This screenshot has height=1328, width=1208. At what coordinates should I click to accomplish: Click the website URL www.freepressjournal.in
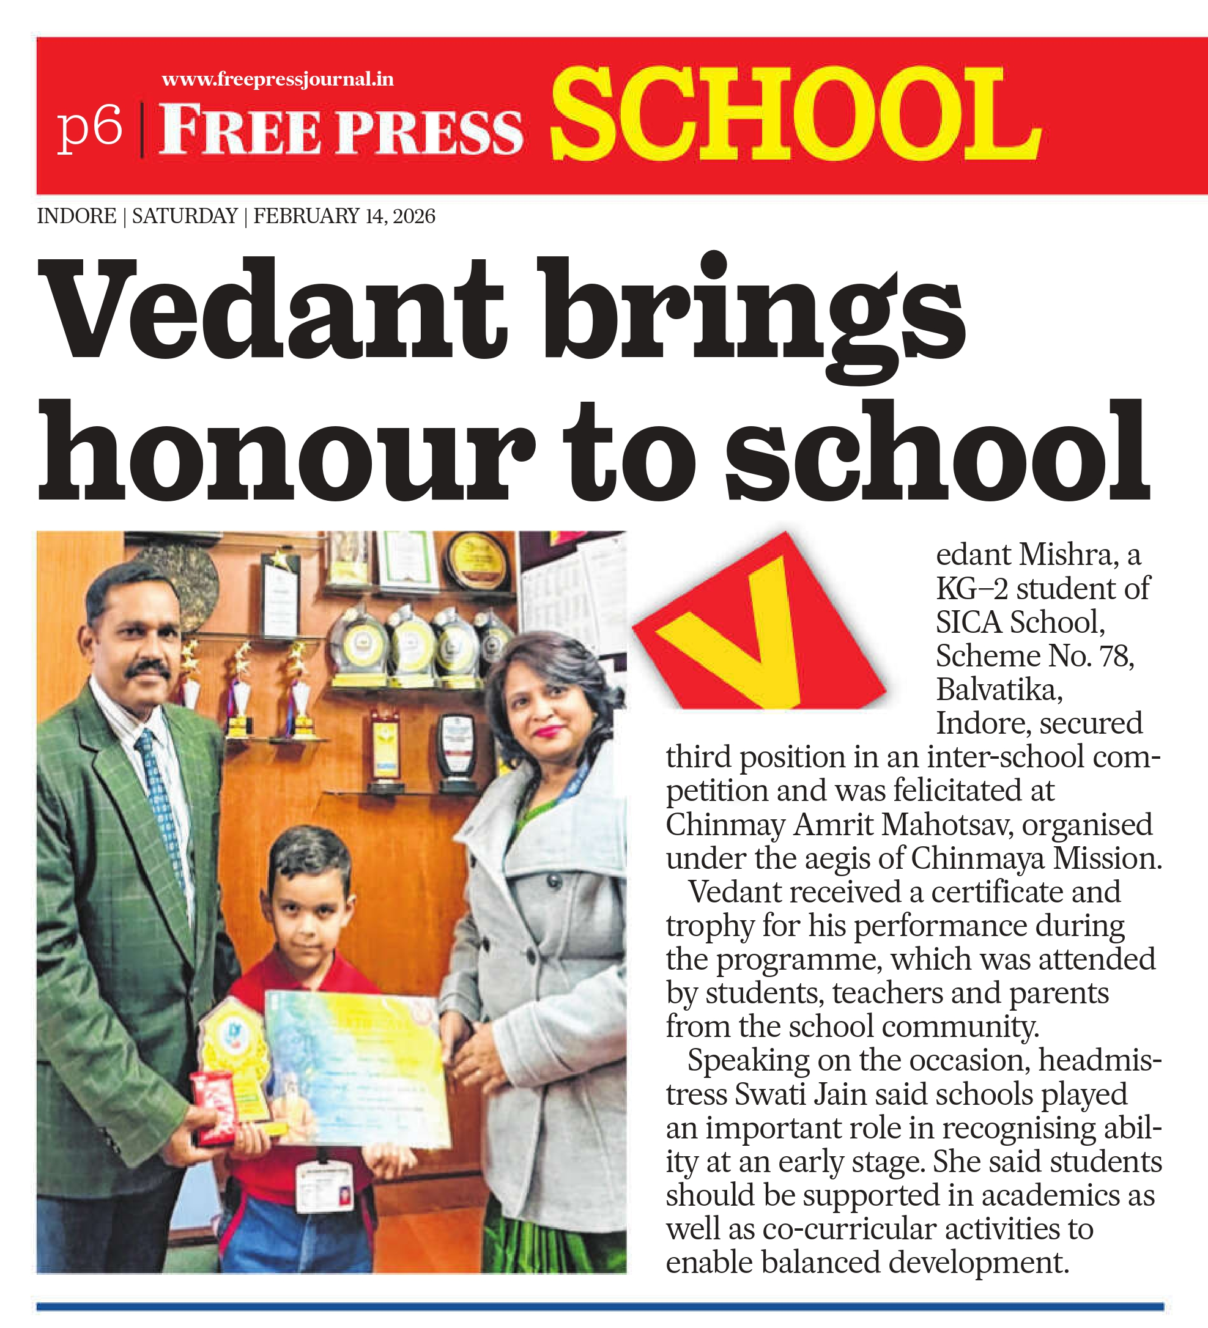tap(278, 79)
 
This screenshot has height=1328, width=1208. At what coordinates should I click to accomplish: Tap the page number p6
tap(91, 128)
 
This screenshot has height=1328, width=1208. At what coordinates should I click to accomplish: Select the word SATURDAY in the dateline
tap(185, 216)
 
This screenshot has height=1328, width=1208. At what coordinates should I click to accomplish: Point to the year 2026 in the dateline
tap(414, 216)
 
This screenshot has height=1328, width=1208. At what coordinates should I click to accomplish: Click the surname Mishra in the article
tap(1067, 555)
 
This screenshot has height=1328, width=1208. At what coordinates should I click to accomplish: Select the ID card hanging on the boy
tap(324, 1186)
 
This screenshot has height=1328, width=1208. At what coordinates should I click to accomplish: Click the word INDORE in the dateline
tap(76, 216)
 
